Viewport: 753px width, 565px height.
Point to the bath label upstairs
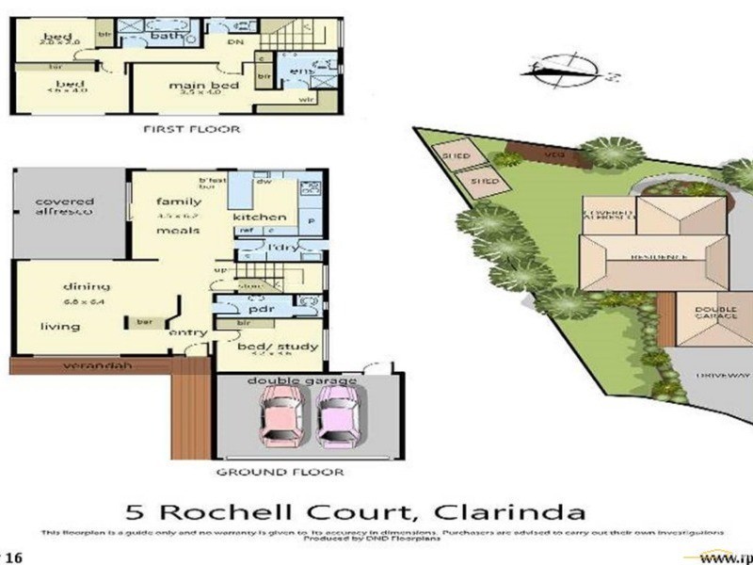(x=166, y=37)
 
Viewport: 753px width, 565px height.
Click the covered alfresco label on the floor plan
(x=64, y=207)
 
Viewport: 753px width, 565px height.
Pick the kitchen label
(x=260, y=218)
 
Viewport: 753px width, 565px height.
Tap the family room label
(x=179, y=202)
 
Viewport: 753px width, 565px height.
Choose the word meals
(x=178, y=231)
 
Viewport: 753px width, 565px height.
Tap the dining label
(x=87, y=286)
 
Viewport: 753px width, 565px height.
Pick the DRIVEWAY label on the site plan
(x=716, y=375)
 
